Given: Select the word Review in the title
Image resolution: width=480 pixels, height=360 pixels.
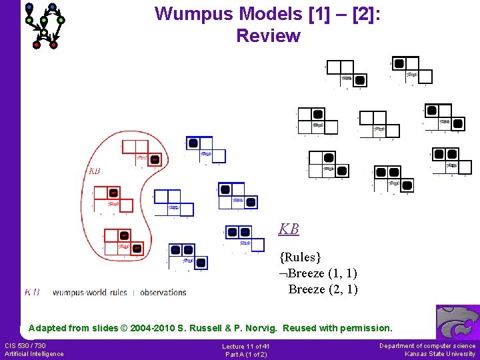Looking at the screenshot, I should point(268,36).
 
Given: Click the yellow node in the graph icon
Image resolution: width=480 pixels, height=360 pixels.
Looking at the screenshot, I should point(44,32).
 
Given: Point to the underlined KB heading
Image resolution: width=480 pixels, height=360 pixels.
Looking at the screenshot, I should point(289,229).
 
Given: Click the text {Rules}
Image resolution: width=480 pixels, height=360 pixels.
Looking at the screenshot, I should point(301,257).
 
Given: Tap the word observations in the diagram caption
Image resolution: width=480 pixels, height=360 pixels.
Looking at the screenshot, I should point(163,292).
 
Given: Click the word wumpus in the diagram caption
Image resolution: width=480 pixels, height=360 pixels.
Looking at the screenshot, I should point(69,292).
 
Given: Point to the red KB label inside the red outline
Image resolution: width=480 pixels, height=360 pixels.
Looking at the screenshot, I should point(94,171).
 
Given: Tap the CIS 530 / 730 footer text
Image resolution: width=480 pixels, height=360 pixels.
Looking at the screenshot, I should point(25,345).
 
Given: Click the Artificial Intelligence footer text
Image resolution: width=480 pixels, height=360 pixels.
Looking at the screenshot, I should point(34,353).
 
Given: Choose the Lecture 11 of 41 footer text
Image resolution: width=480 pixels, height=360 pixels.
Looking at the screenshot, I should point(246,346).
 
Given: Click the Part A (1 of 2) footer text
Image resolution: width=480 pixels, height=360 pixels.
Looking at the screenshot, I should point(246,354).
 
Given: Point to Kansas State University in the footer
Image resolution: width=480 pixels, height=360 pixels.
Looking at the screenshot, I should point(440,353).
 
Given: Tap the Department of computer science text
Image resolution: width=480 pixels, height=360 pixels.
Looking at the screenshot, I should point(427,345).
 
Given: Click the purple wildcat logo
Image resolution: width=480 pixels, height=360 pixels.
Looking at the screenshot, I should point(457,323).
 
